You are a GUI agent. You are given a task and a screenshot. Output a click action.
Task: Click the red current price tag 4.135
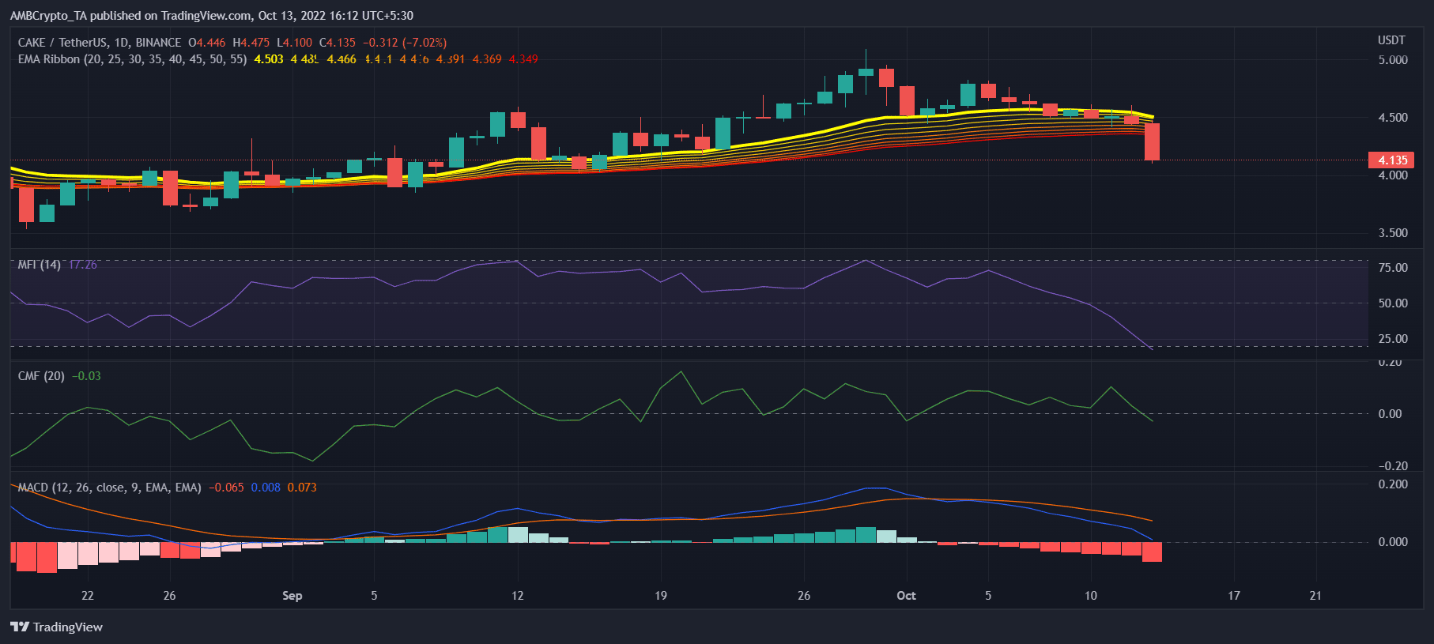pos(1392,160)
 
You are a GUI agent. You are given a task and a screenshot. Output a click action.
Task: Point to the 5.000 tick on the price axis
pos(1392,60)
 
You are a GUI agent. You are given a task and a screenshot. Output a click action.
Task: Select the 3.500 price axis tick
pos(1392,233)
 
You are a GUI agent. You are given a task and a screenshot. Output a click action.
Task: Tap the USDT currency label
pos(1391,40)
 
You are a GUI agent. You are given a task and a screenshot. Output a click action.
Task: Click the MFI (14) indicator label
pos(39,265)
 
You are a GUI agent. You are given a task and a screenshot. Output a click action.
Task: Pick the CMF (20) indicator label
pos(41,376)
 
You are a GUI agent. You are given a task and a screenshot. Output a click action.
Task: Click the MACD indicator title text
pos(109,488)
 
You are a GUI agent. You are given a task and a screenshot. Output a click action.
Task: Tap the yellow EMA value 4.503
pos(269,59)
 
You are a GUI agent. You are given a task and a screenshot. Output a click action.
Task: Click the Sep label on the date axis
pos(292,596)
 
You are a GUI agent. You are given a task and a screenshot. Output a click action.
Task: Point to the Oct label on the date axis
pos(906,596)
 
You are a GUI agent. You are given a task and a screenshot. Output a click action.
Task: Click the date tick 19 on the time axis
pos(661,596)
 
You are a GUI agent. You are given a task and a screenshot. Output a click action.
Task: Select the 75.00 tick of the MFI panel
pos(1392,268)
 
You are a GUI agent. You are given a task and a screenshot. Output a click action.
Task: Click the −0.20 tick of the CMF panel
pos(1392,466)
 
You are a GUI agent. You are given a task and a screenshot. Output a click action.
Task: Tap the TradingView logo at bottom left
pos(57,627)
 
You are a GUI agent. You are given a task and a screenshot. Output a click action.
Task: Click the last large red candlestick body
pos(1152,142)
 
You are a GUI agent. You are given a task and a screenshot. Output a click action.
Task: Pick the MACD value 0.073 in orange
pos(302,488)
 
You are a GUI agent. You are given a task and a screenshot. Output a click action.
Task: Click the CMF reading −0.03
pos(86,376)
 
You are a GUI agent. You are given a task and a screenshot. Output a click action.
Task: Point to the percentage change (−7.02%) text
pos(425,43)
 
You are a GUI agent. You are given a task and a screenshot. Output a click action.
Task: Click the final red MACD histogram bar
pos(1152,552)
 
